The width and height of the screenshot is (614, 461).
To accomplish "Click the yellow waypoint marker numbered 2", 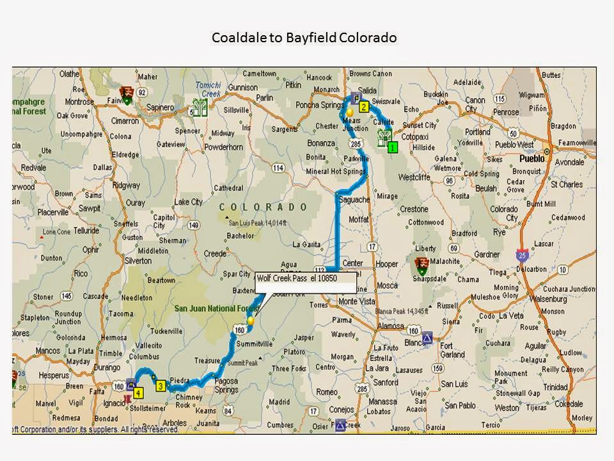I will (x=363, y=107).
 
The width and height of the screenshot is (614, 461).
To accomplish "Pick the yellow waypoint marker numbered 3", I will (x=161, y=385).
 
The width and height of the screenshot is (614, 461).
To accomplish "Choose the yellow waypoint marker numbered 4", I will (x=138, y=391).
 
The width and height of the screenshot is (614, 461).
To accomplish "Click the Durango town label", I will (x=107, y=368).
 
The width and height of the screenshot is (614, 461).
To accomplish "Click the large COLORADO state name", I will (x=264, y=207).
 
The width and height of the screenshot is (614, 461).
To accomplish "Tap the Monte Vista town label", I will (x=357, y=302).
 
